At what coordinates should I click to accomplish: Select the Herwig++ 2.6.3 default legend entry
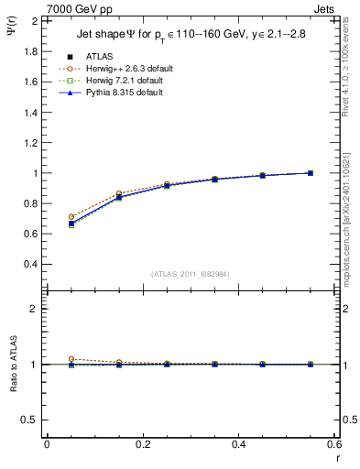[x=126, y=69]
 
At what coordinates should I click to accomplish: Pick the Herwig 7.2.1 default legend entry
[x=124, y=82]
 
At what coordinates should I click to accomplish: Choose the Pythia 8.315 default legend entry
[x=123, y=93]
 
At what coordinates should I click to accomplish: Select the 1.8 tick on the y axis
[x=31, y=51]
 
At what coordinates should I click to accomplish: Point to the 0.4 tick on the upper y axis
[x=31, y=264]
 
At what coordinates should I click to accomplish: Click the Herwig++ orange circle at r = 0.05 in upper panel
[x=71, y=217]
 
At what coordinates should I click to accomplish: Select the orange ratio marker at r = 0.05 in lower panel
[x=71, y=359]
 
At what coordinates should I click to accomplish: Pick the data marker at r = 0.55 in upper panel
[x=311, y=173]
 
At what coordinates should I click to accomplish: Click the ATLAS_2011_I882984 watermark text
[x=190, y=273]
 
